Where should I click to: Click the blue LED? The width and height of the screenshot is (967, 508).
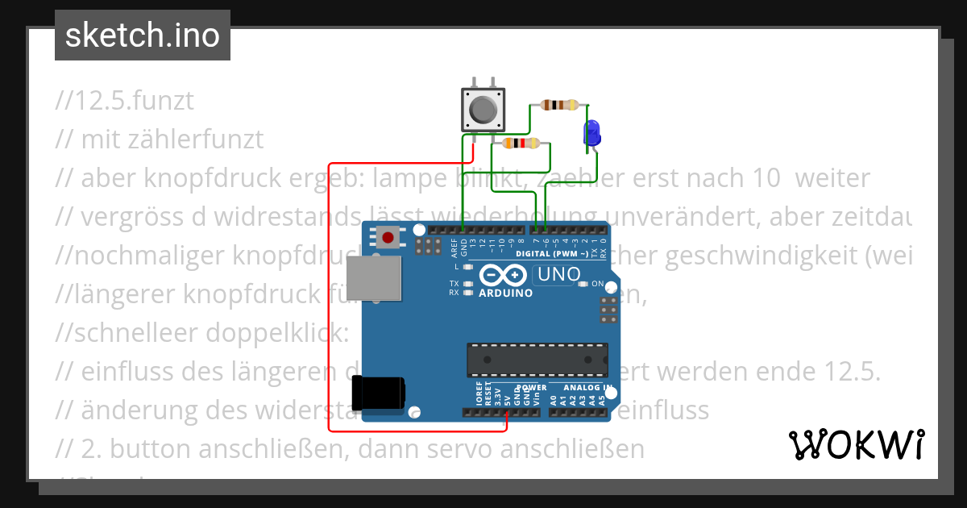(592, 132)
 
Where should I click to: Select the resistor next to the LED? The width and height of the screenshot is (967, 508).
(559, 105)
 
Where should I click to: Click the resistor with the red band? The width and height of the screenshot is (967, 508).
(520, 144)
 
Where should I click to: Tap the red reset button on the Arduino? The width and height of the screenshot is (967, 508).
(388, 238)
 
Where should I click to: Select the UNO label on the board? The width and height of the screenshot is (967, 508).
(558, 275)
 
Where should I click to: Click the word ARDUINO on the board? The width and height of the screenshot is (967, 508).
(506, 293)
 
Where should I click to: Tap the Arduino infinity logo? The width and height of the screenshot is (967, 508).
(492, 275)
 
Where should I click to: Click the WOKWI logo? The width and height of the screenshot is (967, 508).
(856, 444)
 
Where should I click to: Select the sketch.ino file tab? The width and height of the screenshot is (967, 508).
(143, 35)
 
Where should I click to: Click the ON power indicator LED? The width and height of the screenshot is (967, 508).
(586, 284)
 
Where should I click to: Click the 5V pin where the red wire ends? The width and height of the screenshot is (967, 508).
(506, 413)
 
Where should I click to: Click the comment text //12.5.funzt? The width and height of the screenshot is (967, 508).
(125, 101)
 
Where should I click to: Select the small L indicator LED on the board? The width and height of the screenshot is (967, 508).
(468, 266)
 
